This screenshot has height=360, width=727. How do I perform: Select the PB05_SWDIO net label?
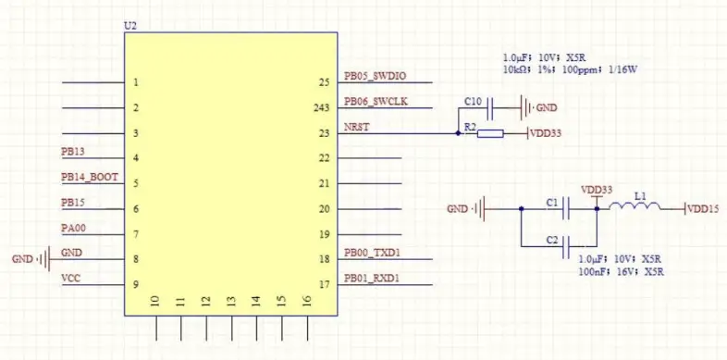[x=375, y=77]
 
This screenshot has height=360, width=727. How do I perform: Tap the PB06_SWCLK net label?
[x=374, y=102]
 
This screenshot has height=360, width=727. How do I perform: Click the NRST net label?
[x=356, y=128]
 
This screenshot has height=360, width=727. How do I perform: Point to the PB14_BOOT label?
[x=90, y=177]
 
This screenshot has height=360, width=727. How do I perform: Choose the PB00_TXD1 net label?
[x=374, y=253]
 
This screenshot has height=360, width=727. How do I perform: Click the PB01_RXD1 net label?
[x=374, y=278]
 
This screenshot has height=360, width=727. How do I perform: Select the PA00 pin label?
[x=73, y=228]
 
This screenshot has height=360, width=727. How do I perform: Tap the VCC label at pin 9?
[x=70, y=278]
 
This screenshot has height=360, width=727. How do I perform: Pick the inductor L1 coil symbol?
[x=639, y=208]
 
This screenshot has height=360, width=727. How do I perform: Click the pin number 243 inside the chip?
[x=322, y=108]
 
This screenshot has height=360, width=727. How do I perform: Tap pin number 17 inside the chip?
[x=324, y=284]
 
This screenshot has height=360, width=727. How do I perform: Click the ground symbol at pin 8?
[x=43, y=259]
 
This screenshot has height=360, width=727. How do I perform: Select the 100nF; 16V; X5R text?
[x=621, y=272]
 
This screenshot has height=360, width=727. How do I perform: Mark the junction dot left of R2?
[x=459, y=133]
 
